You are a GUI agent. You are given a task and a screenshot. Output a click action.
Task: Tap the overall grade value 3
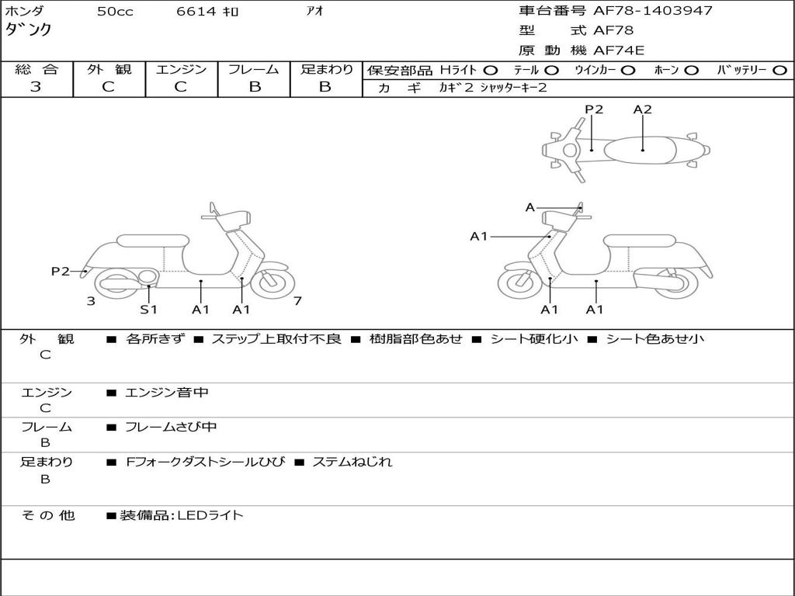36,87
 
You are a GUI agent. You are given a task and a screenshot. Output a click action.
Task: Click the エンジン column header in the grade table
181,69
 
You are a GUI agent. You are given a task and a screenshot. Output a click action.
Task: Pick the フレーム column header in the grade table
254,69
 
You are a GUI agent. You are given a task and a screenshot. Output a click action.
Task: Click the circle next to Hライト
491,70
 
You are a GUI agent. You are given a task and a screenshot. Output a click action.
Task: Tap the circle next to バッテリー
780,70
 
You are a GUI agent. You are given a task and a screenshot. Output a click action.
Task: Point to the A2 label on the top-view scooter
642,109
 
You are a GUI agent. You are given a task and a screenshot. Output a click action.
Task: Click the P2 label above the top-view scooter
594,109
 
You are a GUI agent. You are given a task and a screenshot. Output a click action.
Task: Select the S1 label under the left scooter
148,310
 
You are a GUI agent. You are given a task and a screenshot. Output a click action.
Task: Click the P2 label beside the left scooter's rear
61,271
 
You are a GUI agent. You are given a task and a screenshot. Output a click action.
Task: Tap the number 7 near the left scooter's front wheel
297,301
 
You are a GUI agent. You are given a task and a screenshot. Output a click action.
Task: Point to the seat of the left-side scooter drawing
152,241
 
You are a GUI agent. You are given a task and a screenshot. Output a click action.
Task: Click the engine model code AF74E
619,51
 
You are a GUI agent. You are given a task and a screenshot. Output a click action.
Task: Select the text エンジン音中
167,393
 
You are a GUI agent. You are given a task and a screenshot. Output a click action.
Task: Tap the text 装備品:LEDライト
182,515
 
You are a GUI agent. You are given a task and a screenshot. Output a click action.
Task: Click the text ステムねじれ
352,462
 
